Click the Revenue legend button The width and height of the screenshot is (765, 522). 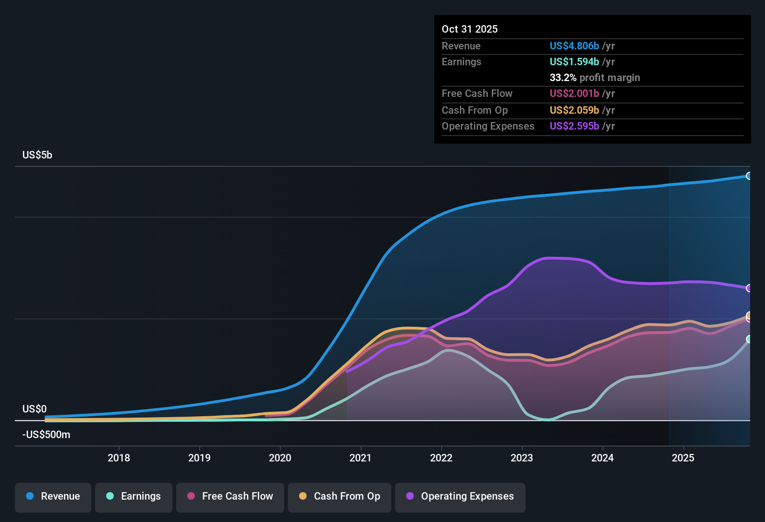[x=53, y=496]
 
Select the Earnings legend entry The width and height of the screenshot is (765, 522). [x=134, y=496]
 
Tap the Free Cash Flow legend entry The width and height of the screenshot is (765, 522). [x=230, y=496]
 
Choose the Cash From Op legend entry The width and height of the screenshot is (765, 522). [x=340, y=496]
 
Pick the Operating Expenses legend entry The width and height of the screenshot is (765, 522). [x=460, y=496]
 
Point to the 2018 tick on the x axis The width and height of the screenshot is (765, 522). [x=119, y=458]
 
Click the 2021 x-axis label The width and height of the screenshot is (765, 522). [x=361, y=458]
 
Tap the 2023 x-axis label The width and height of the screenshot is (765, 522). [x=522, y=458]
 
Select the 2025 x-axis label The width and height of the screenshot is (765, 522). [x=683, y=458]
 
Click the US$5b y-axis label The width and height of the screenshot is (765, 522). [x=37, y=155]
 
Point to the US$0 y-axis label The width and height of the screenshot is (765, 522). [x=34, y=409]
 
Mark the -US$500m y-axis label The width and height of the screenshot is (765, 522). [x=46, y=435]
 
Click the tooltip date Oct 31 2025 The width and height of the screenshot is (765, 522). [x=470, y=29]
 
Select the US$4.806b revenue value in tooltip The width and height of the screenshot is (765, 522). [x=574, y=46]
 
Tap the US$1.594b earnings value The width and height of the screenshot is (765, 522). [x=574, y=62]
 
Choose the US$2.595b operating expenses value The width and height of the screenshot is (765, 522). [x=574, y=126]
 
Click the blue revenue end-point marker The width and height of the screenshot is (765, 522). [x=749, y=176]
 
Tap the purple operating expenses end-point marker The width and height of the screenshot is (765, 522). [x=749, y=288]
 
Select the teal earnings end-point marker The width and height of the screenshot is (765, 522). [x=749, y=339]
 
